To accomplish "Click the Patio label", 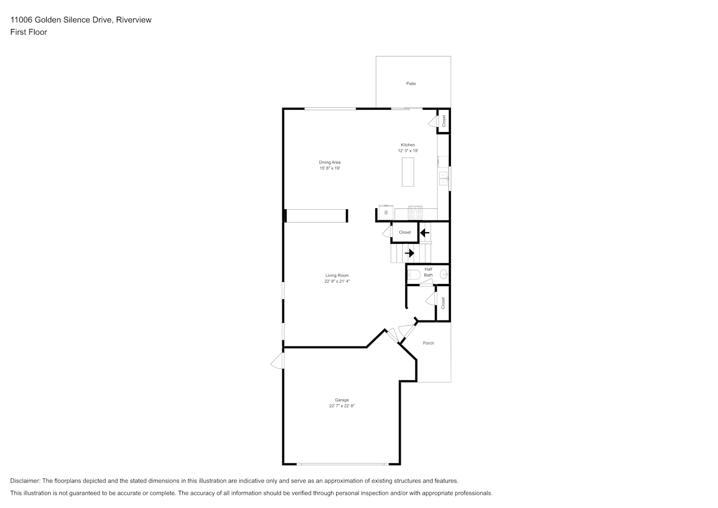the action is coord(411,84).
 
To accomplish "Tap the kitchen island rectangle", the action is coord(408,172).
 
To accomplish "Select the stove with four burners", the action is coord(415,213).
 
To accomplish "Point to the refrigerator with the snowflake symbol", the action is coord(386,212).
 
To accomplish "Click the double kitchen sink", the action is coord(443,179).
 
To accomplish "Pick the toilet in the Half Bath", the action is coord(414,275).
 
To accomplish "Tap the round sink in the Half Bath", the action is coord(444,274).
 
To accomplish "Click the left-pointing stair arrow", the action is coord(425,233).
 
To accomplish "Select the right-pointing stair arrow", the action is coord(409,253).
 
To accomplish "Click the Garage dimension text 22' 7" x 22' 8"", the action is coord(342,406).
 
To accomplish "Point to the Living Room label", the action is coord(337,275).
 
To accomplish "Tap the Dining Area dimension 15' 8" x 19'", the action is coord(330,168).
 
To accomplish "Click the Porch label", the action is coord(428,343).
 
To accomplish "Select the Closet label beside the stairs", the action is coord(405,232).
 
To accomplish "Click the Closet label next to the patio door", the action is coord(444,121).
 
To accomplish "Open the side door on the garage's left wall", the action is coord(278,361).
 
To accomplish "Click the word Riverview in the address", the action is coord(134,20).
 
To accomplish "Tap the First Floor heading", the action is coord(28,32).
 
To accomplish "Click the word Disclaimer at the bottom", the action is coord(25,481).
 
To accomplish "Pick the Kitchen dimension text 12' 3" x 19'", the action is coord(408,151).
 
